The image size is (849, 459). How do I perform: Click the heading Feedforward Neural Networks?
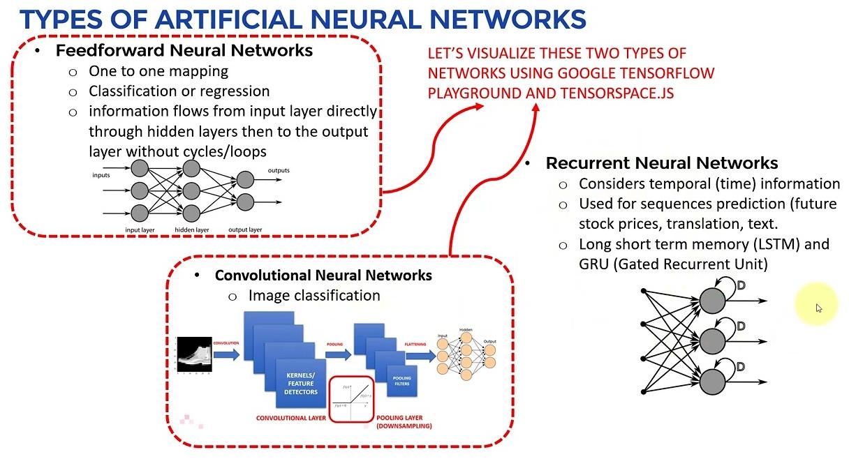tap(184, 50)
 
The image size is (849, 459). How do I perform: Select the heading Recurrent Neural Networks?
tap(661, 163)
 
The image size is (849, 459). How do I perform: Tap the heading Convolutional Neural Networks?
tap(323, 275)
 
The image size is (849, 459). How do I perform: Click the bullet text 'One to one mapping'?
tap(158, 71)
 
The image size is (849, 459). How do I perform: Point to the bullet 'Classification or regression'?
tap(179, 91)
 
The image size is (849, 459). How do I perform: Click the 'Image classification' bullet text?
tap(313, 295)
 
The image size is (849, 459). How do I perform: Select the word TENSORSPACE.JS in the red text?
tap(617, 93)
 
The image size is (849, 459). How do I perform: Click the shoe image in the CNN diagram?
tap(193, 354)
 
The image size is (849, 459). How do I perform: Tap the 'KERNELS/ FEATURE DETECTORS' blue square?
tap(300, 384)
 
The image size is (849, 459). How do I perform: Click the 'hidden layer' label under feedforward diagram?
tap(192, 229)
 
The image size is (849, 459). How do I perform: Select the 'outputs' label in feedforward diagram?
tap(279, 170)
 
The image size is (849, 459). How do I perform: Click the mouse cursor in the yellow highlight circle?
tap(819, 308)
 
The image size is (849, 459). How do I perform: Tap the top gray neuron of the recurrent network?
tap(712, 300)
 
